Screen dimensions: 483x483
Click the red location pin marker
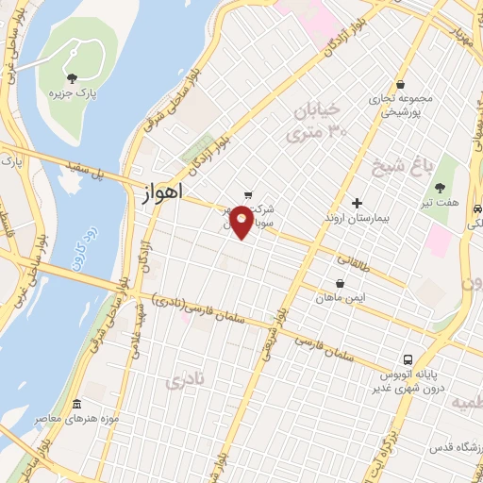[241, 221]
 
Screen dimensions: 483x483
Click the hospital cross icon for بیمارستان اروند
[357, 202]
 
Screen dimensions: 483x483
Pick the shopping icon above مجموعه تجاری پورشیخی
[400, 84]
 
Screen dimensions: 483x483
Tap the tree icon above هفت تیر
[441, 187]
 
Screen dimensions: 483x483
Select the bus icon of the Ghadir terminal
[408, 359]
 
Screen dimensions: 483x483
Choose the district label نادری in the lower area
[184, 381]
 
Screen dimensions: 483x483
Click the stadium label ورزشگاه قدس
[454, 444]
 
